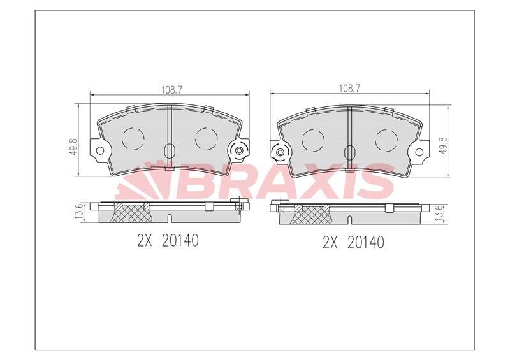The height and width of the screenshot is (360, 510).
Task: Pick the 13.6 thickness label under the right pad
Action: (x=439, y=213)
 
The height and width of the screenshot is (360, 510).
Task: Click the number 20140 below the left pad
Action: (x=180, y=241)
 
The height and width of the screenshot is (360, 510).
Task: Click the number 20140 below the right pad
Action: (x=365, y=243)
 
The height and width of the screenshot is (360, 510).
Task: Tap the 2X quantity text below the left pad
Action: (x=145, y=241)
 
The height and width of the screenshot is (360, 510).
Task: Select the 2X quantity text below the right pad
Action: (x=330, y=243)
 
